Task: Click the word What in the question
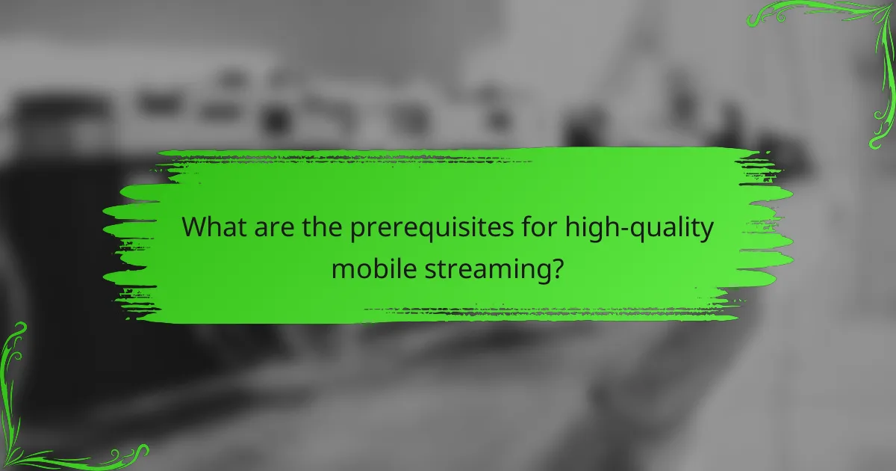(217, 227)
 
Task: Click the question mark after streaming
(556, 267)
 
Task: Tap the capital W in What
(196, 227)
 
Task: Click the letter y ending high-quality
(706, 232)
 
